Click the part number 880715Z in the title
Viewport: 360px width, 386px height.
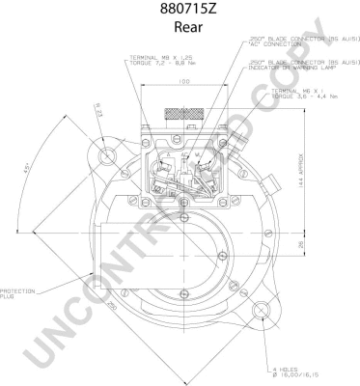pos(180,11)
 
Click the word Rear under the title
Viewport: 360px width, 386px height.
pos(180,30)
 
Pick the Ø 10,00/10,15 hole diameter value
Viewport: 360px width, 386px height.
pos(293,375)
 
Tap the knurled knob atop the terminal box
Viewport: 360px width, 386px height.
pos(183,115)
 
